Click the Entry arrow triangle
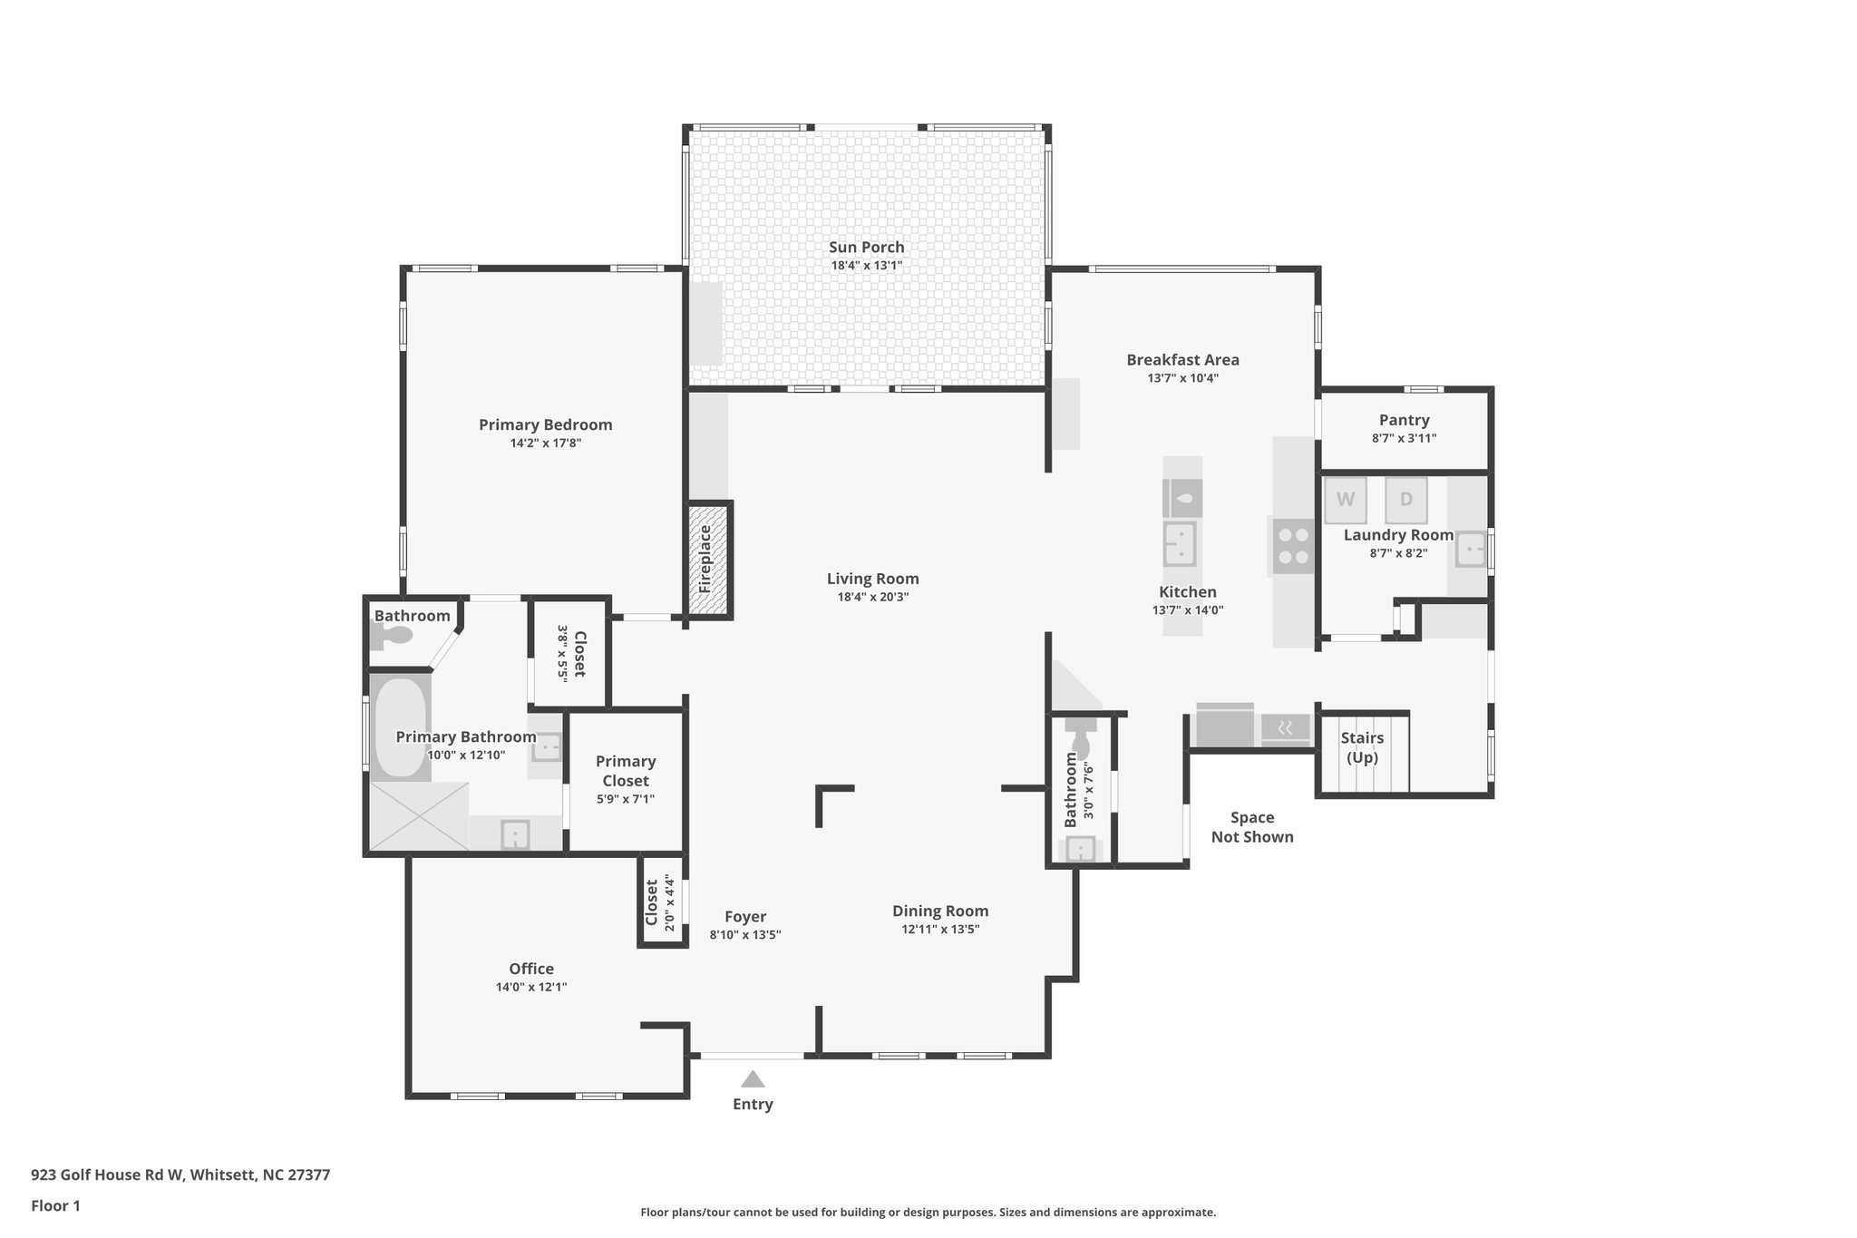pos(753,1079)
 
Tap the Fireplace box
pos(708,560)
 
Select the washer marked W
pos(1346,500)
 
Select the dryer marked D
pos(1405,500)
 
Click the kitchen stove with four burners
pos(1293,546)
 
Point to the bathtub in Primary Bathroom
pos(400,727)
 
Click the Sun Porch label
pos(866,247)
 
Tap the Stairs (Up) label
pos(1362,747)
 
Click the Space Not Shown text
pos(1252,827)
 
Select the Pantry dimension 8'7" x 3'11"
pos(1404,438)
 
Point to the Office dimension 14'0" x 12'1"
pos(531,987)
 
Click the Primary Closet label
pos(626,771)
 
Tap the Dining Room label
pos(940,911)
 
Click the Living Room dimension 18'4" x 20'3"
pos(872,597)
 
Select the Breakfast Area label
pos(1182,359)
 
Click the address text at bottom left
pos(180,1175)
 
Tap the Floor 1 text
pos(55,1205)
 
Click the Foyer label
pos(745,916)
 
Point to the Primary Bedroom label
pos(545,424)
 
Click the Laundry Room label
pos(1398,535)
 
